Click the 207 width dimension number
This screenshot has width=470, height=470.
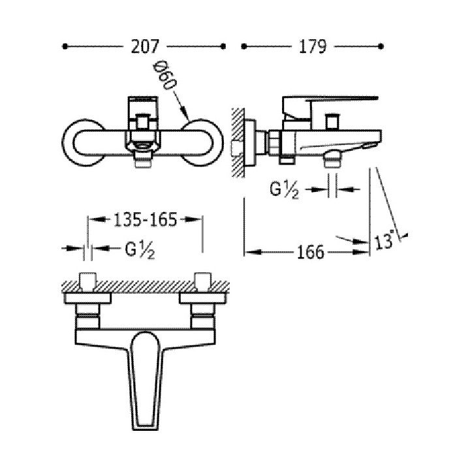[x=144, y=46]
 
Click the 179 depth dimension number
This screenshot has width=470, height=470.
[x=312, y=46]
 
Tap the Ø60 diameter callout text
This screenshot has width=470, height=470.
[x=165, y=76]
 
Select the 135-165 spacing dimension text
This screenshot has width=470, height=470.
[x=145, y=220]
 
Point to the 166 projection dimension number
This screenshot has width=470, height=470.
[x=311, y=252]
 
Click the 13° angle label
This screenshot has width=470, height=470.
[x=384, y=240]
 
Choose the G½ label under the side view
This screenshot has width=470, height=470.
[x=284, y=190]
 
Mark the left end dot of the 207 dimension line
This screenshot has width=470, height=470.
[x=65, y=46]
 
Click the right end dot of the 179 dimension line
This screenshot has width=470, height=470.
[x=381, y=46]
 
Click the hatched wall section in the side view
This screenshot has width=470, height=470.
[x=238, y=142]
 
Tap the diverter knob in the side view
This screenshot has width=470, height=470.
[x=332, y=122]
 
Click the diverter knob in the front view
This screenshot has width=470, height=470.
[x=143, y=123]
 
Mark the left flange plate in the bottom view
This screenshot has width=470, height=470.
[x=88, y=298]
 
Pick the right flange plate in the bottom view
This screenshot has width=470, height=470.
[x=203, y=298]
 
